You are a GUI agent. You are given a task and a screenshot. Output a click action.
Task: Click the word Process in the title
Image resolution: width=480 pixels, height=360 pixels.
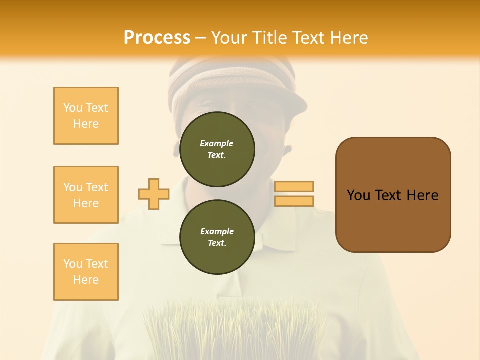(157, 37)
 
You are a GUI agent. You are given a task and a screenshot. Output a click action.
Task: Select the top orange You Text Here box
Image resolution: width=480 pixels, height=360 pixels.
(86, 116)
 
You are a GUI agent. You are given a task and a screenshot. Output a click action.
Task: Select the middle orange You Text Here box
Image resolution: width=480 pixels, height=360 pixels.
(86, 195)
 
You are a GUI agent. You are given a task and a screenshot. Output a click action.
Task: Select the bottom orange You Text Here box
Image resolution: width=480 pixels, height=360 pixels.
(86, 271)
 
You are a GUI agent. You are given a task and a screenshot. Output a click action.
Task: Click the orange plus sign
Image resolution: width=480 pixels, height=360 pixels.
(154, 194)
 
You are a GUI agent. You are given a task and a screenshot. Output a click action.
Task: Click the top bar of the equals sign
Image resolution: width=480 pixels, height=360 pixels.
(294, 186)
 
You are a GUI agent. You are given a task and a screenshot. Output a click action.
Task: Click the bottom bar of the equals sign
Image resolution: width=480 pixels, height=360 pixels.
(294, 201)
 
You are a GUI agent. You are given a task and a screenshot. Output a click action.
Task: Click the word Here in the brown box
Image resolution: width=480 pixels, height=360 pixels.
(422, 195)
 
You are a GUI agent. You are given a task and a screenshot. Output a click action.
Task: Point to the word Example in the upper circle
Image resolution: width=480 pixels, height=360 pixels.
(217, 143)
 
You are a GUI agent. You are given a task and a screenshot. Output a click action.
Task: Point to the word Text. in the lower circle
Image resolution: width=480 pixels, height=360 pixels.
(217, 243)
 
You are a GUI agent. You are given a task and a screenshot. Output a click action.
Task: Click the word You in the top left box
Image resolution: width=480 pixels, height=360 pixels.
(73, 108)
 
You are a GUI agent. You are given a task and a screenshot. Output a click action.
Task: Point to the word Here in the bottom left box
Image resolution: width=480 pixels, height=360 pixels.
(86, 280)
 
